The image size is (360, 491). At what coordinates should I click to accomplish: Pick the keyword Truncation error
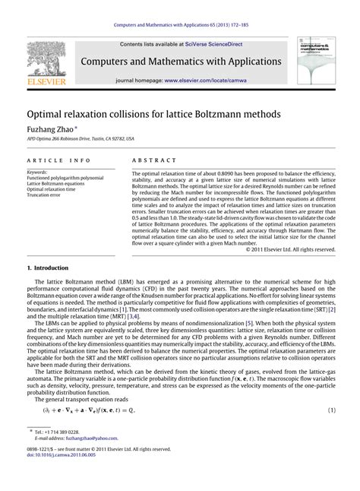click(48, 195)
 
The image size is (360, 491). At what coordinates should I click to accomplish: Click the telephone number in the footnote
click(68, 431)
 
